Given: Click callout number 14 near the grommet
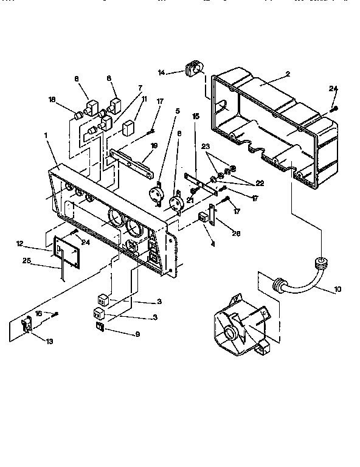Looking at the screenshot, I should (161, 72).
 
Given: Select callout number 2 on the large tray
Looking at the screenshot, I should (287, 75).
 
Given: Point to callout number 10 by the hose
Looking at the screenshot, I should (338, 289).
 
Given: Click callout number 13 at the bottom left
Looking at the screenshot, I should (49, 342).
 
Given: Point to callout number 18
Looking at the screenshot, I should (52, 99).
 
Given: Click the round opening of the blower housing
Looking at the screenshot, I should (232, 333).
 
